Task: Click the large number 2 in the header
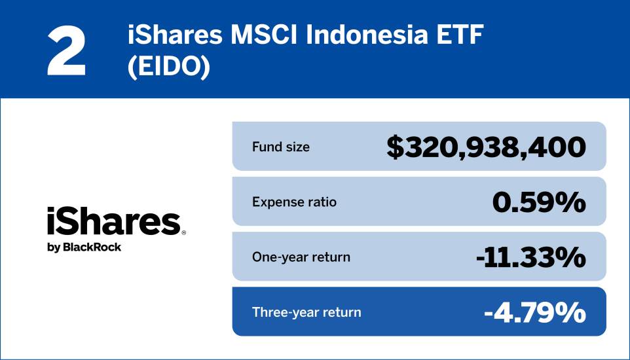pyautogui.click(x=67, y=50)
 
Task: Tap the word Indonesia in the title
pyautogui.click(x=358, y=36)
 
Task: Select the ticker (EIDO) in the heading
pyautogui.click(x=169, y=67)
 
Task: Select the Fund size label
pyautogui.click(x=281, y=147)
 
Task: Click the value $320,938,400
pyautogui.click(x=485, y=147)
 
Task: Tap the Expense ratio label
pyautogui.click(x=294, y=202)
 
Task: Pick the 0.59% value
pyautogui.click(x=538, y=202)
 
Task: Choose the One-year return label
pyautogui.click(x=301, y=257)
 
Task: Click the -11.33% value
pyautogui.click(x=530, y=257)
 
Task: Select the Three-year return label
pyautogui.click(x=306, y=312)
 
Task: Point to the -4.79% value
pyautogui.click(x=534, y=313)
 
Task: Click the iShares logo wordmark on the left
pyautogui.click(x=113, y=222)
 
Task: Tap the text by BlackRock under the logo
pyautogui.click(x=84, y=247)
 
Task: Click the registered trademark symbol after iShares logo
pyautogui.click(x=184, y=232)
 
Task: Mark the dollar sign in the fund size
pyautogui.click(x=395, y=147)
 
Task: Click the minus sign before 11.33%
pyautogui.click(x=481, y=259)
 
